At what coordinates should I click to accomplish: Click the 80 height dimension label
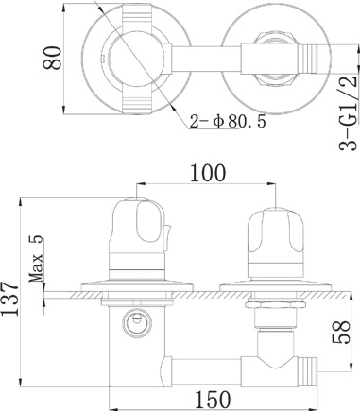pos(52,58)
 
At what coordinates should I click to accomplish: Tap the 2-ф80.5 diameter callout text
pos(228,121)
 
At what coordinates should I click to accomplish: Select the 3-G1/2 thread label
pos(349,113)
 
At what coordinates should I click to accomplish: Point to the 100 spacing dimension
pos(208,173)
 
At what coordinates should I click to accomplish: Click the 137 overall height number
pos(10,298)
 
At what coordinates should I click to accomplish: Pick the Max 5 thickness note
pos(36,258)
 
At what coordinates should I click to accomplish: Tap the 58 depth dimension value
pos(341,332)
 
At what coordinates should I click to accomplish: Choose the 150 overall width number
pos(213,400)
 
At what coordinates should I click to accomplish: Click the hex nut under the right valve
pos(275,304)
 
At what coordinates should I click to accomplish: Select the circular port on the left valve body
pos(137,323)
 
